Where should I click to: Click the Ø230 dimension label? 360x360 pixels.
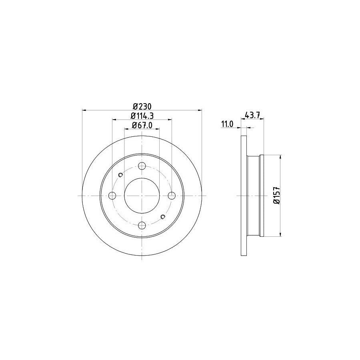(142, 106)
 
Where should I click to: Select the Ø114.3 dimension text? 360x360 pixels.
(142, 116)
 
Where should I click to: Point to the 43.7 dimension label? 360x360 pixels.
(253, 116)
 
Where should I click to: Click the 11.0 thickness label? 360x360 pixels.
(227, 125)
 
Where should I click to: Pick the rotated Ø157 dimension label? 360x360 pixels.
(276, 196)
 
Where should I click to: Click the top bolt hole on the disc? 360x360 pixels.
(142, 166)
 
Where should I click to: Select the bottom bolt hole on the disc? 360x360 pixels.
(142, 225)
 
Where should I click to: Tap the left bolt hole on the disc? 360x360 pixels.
(112, 196)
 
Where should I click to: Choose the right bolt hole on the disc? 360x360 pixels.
(172, 196)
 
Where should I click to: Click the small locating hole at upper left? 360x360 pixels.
(121, 174)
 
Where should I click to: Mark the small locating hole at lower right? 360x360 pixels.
(163, 217)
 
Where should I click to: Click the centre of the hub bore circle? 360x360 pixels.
(142, 196)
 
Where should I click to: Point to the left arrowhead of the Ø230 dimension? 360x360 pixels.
(84, 110)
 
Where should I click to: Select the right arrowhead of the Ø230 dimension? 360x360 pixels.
(200, 110)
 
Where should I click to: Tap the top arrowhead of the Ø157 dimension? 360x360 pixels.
(280, 157)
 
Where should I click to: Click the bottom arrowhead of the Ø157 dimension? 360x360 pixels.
(280, 235)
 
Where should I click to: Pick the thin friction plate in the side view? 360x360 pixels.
(244, 196)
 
